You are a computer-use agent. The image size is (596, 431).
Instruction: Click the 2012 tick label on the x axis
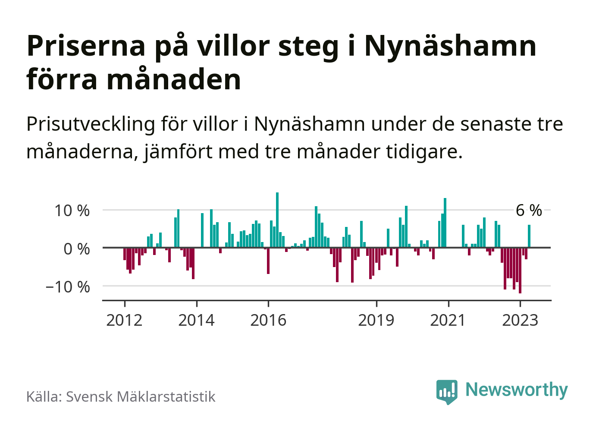124,320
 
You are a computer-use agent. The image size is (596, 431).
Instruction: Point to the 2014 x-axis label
196,320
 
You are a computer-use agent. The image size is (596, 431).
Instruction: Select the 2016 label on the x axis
268,320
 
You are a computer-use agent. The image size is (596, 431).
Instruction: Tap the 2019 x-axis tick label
376,320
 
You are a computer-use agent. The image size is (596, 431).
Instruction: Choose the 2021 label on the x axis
448,320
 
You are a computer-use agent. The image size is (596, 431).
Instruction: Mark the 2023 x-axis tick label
520,320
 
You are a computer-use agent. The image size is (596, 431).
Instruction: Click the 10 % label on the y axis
72,211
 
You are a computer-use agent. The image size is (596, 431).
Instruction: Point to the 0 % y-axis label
77,249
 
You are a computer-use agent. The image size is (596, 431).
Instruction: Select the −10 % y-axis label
68,287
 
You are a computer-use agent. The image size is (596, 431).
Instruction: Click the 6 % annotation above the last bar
529,211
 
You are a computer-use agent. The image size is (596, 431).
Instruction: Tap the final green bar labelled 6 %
529,236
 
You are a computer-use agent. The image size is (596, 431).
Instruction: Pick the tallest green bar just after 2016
277,220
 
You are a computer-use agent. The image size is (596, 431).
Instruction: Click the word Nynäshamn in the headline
450,46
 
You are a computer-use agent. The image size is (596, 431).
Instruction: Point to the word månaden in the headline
174,80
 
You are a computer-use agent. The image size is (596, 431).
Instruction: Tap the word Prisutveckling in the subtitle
91,124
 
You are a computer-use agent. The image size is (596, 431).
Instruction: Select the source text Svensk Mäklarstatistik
141,396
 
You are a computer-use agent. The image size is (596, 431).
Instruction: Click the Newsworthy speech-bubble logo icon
447,391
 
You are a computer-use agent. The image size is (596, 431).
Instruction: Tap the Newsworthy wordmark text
517,390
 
